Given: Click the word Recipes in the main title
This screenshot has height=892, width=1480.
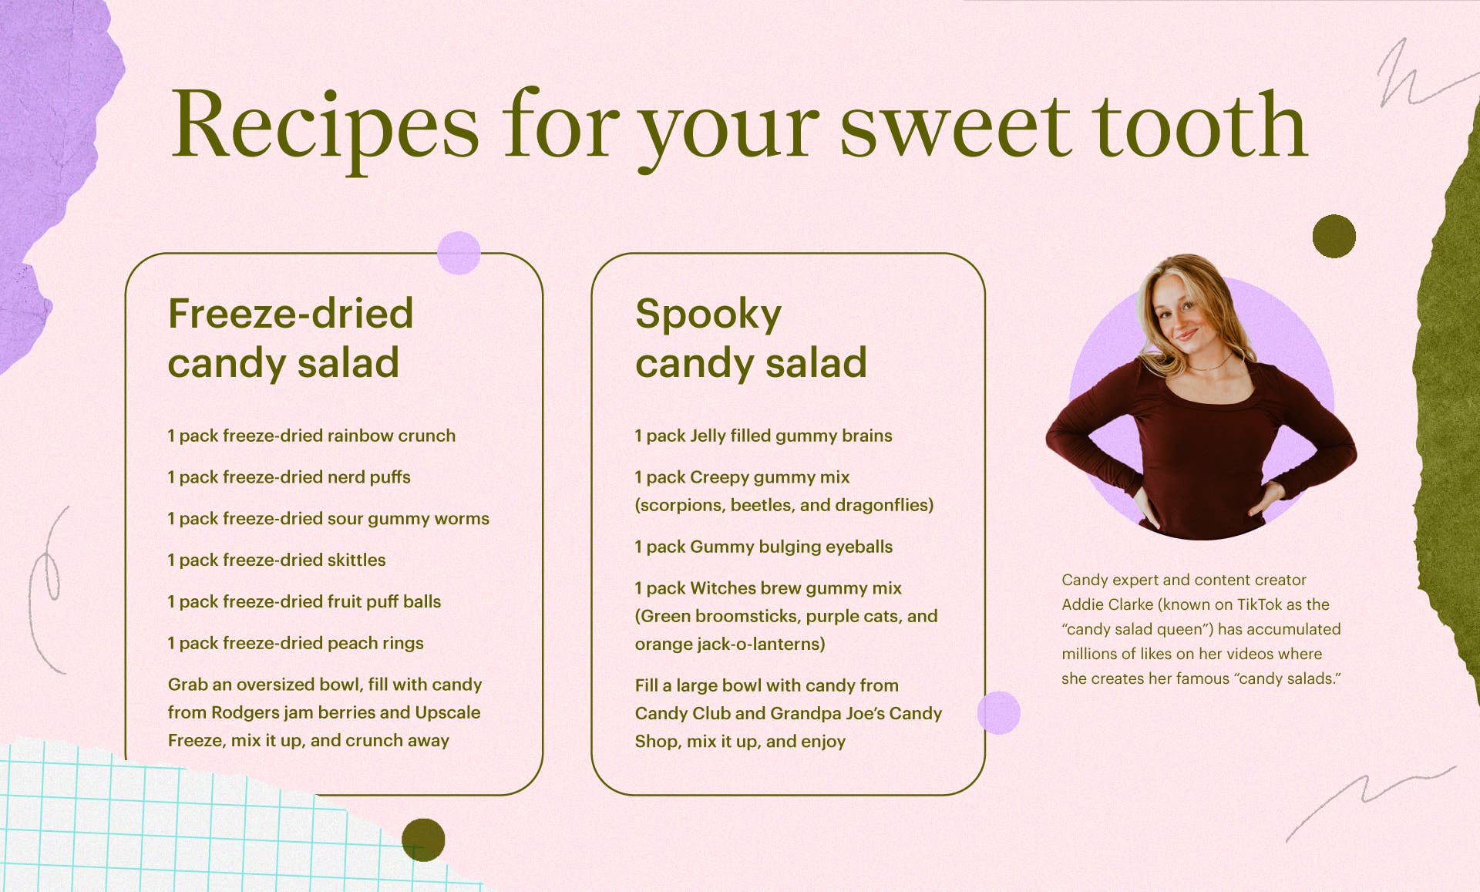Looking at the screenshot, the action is click(x=325, y=125).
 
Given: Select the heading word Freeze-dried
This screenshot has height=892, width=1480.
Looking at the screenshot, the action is click(x=291, y=313).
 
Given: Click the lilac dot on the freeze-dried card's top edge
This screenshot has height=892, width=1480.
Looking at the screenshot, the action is click(x=459, y=253).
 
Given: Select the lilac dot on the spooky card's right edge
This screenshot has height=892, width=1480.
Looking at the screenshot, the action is click(x=999, y=713).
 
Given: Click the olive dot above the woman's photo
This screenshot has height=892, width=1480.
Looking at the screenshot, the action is click(x=1334, y=236).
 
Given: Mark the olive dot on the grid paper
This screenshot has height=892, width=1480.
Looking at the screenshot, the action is click(x=423, y=840).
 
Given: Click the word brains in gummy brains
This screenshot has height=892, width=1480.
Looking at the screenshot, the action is click(x=867, y=436).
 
